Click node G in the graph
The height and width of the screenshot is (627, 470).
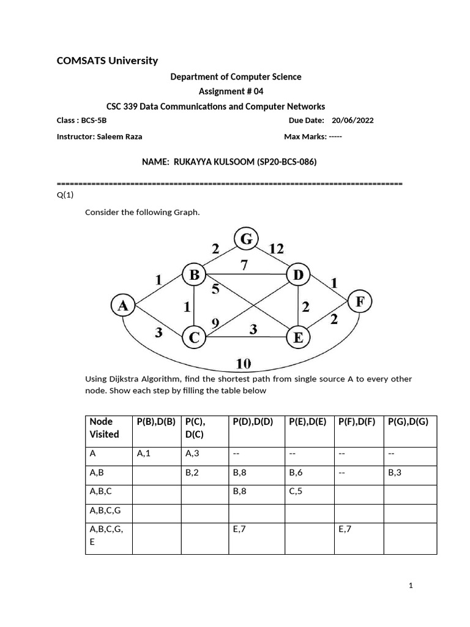pyautogui.click(x=246, y=239)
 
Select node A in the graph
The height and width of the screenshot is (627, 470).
pyautogui.click(x=123, y=305)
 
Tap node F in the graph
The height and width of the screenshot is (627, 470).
pyautogui.click(x=359, y=302)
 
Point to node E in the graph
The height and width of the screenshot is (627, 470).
pyautogui.click(x=298, y=336)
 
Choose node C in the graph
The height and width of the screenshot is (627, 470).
pyautogui.click(x=194, y=336)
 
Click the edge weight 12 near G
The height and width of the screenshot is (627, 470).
pyautogui.click(x=276, y=248)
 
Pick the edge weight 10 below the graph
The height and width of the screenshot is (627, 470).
pyautogui.click(x=244, y=364)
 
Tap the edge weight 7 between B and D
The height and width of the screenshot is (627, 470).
pyautogui.click(x=245, y=265)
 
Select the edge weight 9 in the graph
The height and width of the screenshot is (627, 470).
pyautogui.click(x=215, y=323)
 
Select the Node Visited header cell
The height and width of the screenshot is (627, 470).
pyautogui.click(x=105, y=428)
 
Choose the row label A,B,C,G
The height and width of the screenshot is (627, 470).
pyautogui.click(x=107, y=509)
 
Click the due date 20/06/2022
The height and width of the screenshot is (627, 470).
pyautogui.click(x=352, y=121)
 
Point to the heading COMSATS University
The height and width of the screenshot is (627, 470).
pyautogui.click(x=107, y=60)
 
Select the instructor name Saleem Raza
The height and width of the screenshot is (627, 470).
pyautogui.click(x=119, y=137)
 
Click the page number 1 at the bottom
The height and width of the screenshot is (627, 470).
pyautogui.click(x=411, y=586)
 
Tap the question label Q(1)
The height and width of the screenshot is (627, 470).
pyautogui.click(x=64, y=195)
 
